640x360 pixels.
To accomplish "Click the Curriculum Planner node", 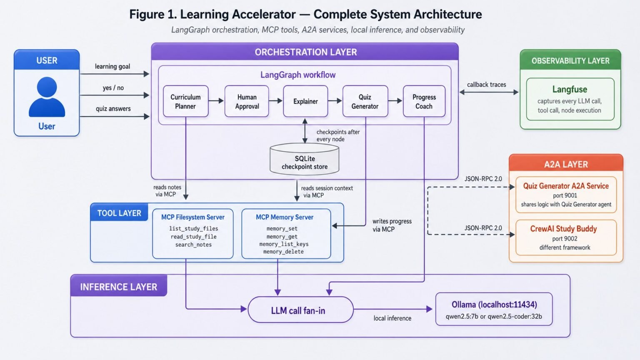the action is coord(186,101).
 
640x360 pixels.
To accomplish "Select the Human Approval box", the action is coord(247,101).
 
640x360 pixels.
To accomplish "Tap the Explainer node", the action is coord(305,101).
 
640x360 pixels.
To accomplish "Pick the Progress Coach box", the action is coord(424,101).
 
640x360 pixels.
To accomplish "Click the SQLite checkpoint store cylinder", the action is coord(305,159).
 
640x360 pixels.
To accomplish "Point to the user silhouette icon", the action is coord(47,97).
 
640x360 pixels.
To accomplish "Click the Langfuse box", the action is coord(570,99).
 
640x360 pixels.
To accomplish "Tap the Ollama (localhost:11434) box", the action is coord(494,309).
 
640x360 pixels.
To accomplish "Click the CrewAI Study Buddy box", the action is coord(566,237).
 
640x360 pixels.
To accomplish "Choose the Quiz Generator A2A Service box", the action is coord(566,195).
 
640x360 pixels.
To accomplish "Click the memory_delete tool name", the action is coord(283,252).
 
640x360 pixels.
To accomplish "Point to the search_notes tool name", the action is coord(193,245).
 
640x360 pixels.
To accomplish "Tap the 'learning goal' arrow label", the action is coord(112,67).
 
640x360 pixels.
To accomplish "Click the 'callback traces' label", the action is coord(487,85).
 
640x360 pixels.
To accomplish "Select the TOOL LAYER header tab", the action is coord(119,212).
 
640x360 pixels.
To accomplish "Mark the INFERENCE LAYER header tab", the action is coord(119,286).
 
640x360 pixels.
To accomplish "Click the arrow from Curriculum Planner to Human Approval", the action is coord(216,100).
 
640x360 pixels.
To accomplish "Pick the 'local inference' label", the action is coord(392,318).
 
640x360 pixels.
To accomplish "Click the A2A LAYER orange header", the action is coord(566,163).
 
